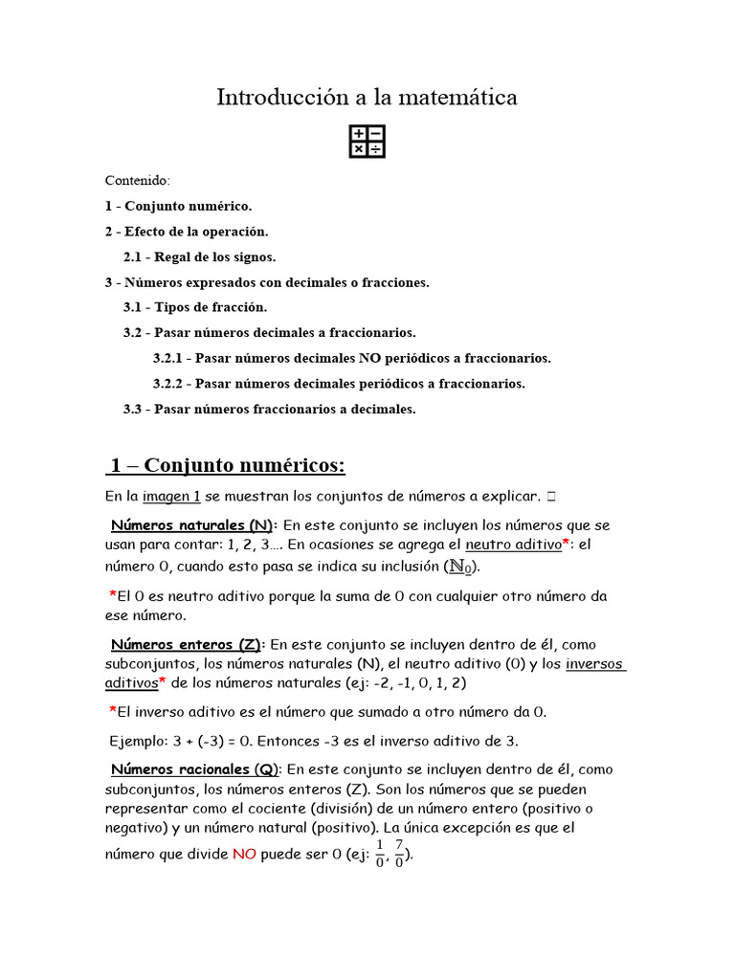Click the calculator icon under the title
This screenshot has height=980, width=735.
367,141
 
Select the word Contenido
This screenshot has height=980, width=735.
137,180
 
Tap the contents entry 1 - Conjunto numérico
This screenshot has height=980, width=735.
178,206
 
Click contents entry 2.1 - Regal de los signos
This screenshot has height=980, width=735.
199,256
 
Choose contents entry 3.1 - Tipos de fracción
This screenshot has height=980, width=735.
195,307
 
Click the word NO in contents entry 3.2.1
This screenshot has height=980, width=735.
370,358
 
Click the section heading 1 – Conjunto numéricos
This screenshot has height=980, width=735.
227,465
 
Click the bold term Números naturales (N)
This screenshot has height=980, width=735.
192,525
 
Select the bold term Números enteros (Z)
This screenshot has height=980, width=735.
187,645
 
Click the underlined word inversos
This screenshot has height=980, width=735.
594,664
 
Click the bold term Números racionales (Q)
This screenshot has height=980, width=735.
194,769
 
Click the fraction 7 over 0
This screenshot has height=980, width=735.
399,852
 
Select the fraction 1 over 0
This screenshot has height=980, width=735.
379,852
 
